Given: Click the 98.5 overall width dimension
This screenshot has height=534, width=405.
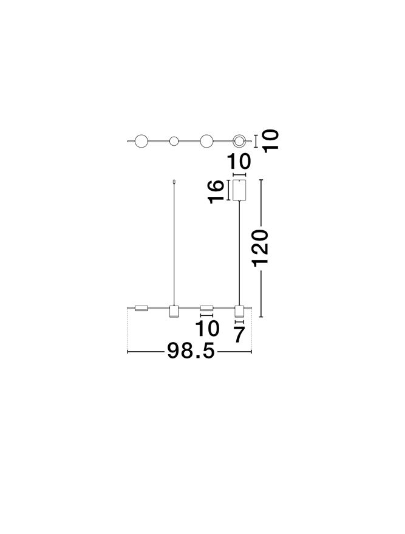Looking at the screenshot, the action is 191,351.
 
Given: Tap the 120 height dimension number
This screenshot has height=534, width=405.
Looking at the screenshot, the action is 260,248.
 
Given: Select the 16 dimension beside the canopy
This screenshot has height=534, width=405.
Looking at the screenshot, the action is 216,191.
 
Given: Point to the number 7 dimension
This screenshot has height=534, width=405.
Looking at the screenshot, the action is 239,334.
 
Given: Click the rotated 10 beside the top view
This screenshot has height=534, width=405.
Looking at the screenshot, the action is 271,140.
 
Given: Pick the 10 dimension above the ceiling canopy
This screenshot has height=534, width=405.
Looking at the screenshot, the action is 239,161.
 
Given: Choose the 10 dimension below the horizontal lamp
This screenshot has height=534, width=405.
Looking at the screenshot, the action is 207,329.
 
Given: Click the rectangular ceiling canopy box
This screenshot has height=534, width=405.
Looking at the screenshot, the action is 239,190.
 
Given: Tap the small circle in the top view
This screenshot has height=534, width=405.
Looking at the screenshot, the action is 174,141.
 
